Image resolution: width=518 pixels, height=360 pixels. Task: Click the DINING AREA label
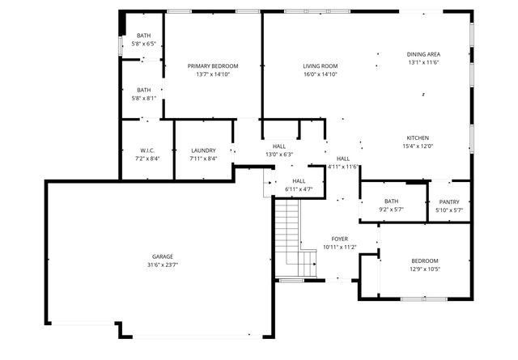(x=423, y=53)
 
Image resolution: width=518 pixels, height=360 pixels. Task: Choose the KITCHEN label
(x=418, y=138)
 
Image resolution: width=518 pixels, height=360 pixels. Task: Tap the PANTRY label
(x=449, y=201)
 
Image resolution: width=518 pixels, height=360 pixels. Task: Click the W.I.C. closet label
(x=147, y=150)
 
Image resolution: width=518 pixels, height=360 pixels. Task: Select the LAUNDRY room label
(x=203, y=150)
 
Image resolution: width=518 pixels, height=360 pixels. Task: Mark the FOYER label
(x=340, y=239)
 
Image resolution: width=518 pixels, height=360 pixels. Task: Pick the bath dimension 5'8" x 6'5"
(x=143, y=44)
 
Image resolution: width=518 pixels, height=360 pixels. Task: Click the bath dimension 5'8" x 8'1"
(x=143, y=99)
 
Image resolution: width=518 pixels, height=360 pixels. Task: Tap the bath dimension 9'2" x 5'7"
(x=392, y=210)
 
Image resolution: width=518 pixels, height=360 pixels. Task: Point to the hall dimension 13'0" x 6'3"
(x=279, y=155)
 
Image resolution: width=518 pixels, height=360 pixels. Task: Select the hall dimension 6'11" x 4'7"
(x=299, y=189)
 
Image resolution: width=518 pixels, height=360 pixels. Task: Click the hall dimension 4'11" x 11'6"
(x=342, y=167)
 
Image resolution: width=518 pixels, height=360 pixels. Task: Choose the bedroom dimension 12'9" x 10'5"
(x=424, y=269)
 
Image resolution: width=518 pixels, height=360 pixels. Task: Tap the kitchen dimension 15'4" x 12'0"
(x=418, y=146)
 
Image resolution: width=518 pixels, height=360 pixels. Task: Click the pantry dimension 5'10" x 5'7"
(x=449, y=210)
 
